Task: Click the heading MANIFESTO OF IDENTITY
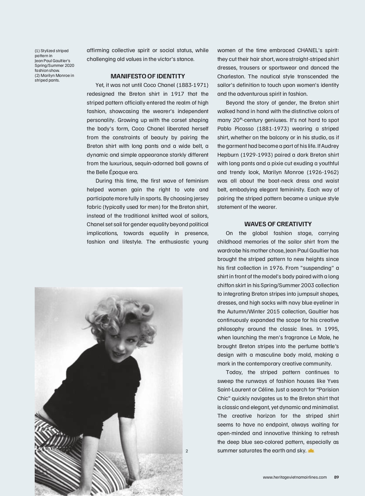point(148,76)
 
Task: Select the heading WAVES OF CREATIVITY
point(278,224)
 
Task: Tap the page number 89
point(336,477)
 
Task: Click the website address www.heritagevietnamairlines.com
point(295,477)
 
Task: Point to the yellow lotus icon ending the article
point(311,451)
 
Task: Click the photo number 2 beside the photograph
point(187,451)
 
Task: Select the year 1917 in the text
point(177,94)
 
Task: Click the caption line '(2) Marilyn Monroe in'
point(54,75)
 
